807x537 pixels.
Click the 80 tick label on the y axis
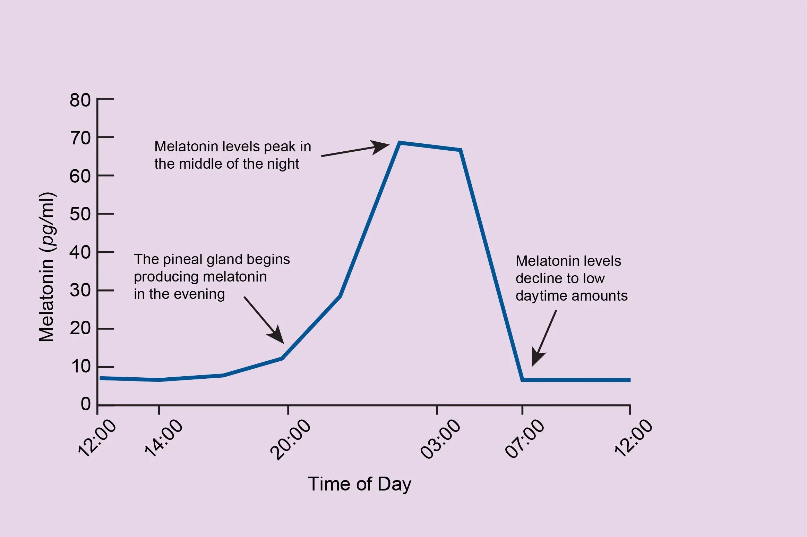point(80,100)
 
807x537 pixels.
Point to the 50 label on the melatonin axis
point(80,214)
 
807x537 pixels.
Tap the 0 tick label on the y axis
point(86,404)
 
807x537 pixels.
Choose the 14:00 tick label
point(163,438)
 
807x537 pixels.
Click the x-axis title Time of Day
point(359,484)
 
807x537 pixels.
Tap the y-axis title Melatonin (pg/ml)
point(46,267)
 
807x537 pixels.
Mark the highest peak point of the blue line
point(400,143)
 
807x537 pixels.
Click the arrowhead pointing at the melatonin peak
point(381,147)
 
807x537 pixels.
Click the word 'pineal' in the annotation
point(180,259)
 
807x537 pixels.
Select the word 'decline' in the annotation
point(536,278)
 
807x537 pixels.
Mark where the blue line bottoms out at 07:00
point(523,380)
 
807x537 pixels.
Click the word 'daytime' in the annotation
point(541,296)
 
